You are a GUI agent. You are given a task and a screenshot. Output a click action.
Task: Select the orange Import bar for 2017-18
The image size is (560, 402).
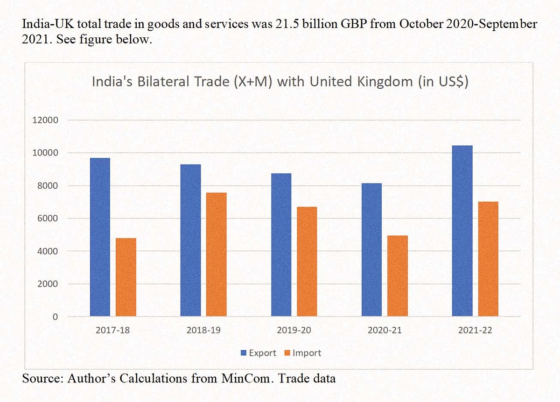click(x=126, y=277)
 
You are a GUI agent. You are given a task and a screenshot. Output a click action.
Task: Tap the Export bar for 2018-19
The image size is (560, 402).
click(x=190, y=240)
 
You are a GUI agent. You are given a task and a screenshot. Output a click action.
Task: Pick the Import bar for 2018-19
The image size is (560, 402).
click(x=217, y=254)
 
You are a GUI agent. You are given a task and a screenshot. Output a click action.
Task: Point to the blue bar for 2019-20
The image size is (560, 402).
click(x=281, y=245)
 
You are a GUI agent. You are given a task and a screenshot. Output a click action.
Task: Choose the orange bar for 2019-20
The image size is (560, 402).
click(x=307, y=261)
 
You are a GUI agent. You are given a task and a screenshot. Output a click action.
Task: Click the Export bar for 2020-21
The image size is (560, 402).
click(x=371, y=250)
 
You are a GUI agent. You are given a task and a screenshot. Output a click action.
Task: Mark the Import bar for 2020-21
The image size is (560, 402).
click(x=398, y=276)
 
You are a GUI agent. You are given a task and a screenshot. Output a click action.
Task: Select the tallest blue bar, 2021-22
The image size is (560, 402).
click(x=462, y=231)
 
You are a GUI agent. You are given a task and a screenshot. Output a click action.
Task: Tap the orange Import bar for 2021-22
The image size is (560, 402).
click(x=488, y=259)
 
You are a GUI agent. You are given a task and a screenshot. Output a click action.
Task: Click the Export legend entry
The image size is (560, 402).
click(x=258, y=353)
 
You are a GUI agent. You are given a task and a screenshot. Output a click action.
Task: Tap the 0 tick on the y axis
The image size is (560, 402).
click(x=55, y=317)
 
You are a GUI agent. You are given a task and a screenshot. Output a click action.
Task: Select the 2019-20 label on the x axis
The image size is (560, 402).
click(x=294, y=331)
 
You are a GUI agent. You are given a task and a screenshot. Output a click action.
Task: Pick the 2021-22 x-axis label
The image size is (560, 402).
click(x=475, y=331)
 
